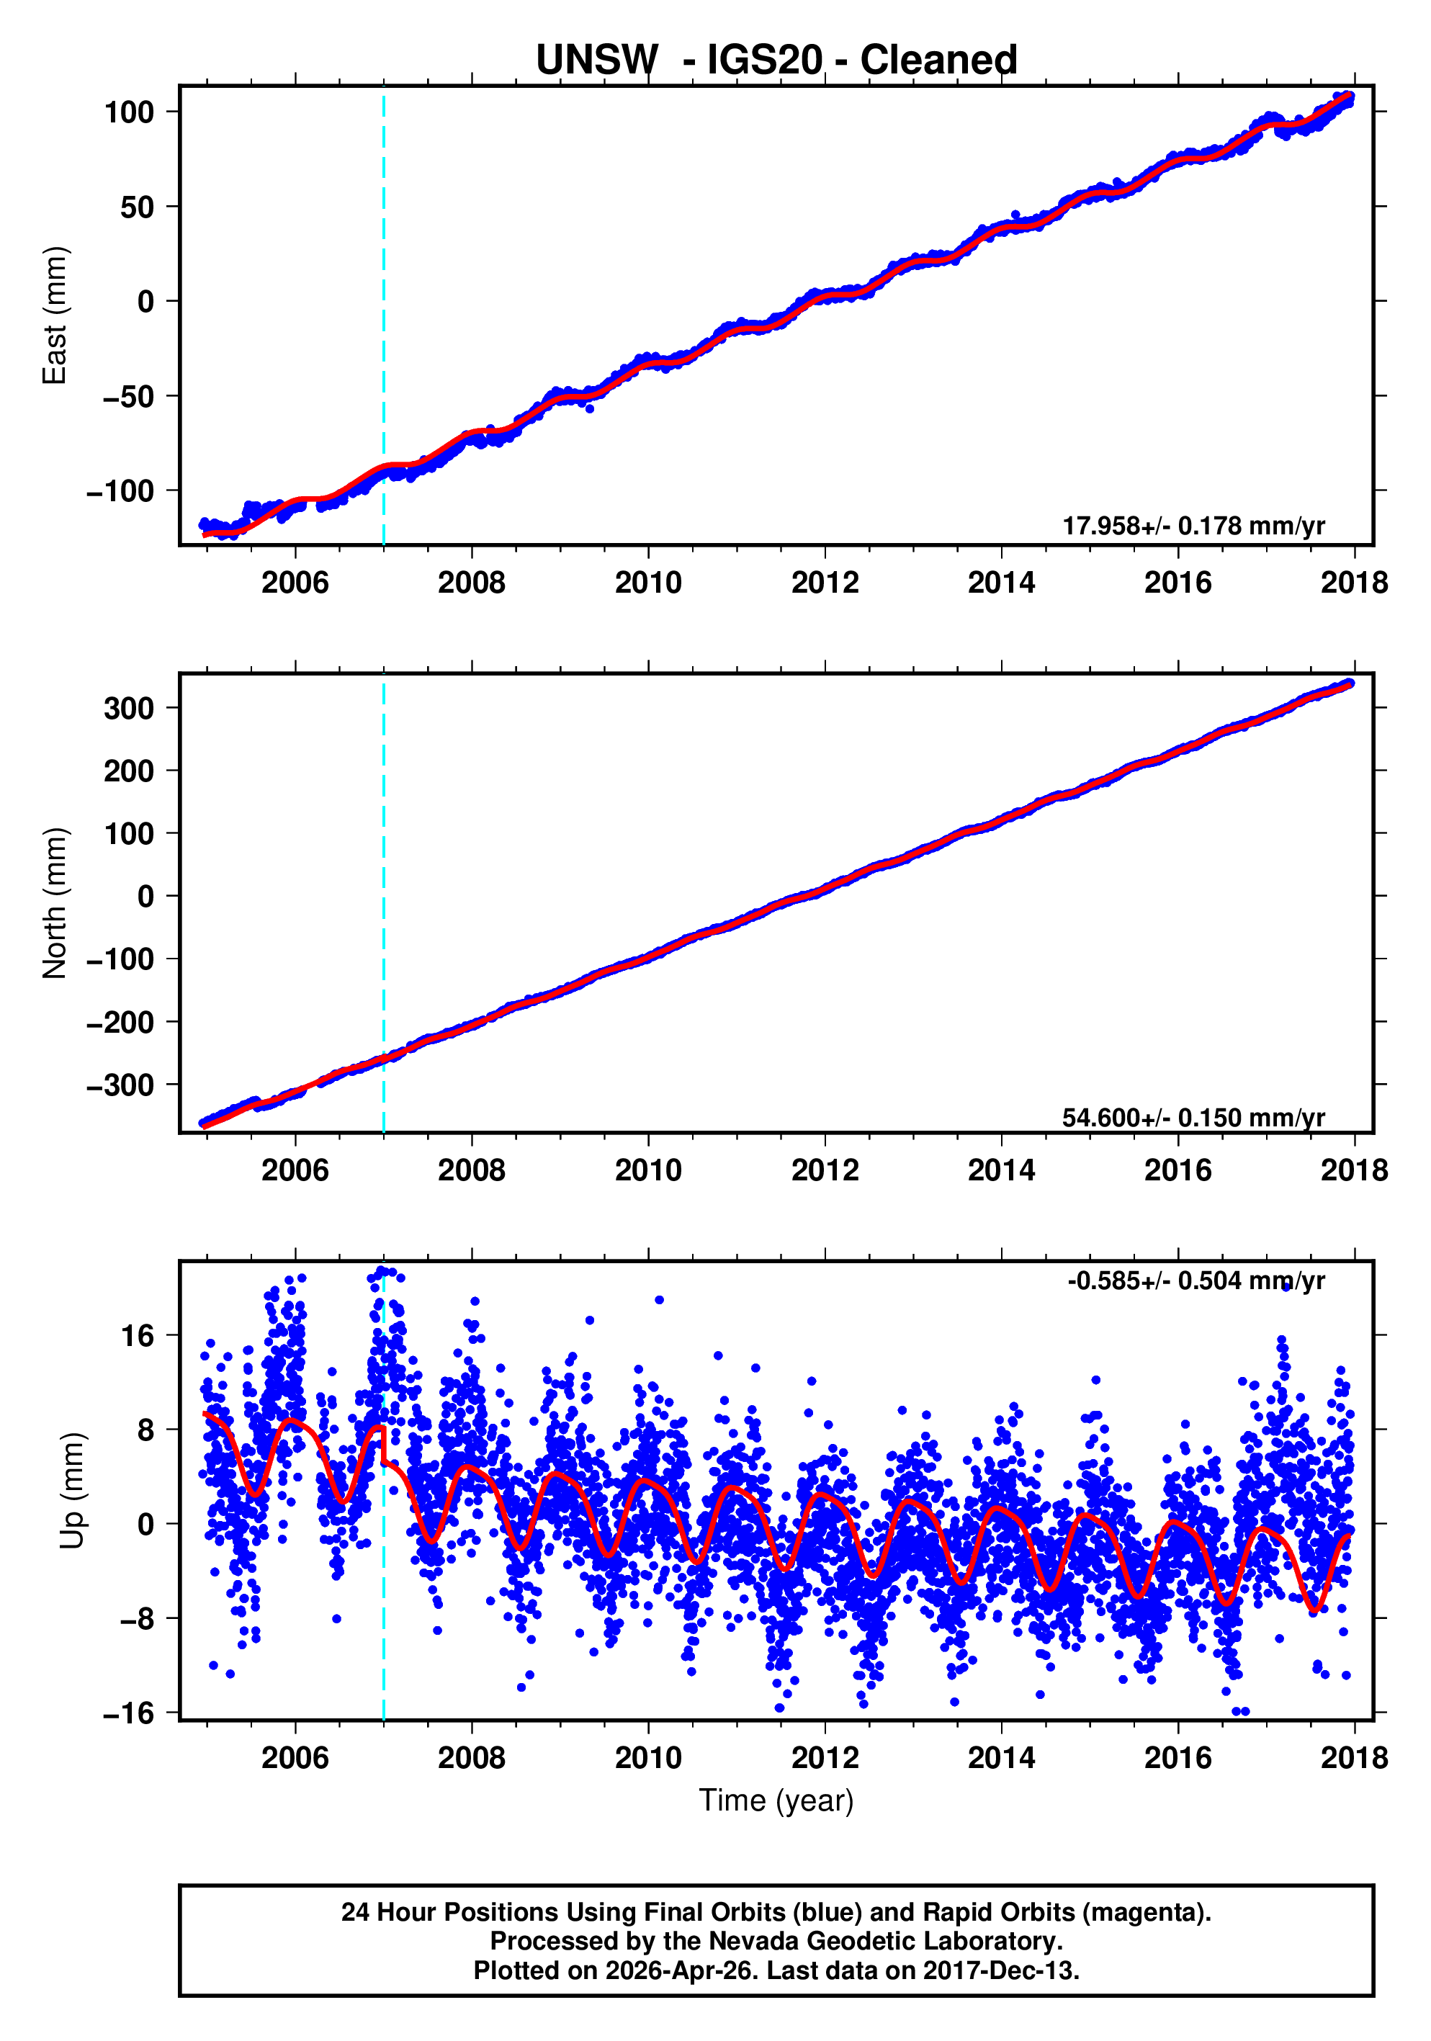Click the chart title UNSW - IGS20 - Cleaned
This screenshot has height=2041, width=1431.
pyautogui.click(x=776, y=60)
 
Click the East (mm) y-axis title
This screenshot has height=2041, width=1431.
pyautogui.click(x=55, y=315)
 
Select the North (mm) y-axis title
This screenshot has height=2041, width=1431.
pyautogui.click(x=55, y=902)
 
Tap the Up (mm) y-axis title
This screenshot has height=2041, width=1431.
pyautogui.click(x=73, y=1491)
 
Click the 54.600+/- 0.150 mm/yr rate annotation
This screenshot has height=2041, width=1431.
pyautogui.click(x=1193, y=1118)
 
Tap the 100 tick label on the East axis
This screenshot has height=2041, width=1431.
pyautogui.click(x=129, y=113)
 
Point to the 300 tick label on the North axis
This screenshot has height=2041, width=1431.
pyautogui.click(x=129, y=709)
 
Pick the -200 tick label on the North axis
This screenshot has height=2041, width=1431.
pyautogui.click(x=121, y=1022)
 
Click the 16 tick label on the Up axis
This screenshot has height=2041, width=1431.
pyautogui.click(x=138, y=1336)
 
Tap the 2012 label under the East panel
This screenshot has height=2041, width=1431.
pyautogui.click(x=825, y=583)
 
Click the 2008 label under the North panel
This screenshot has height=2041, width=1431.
pyautogui.click(x=471, y=1171)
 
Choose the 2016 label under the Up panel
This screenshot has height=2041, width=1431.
pyautogui.click(x=1177, y=1757)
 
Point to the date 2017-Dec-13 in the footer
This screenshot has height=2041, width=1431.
pyautogui.click(x=999, y=1970)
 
